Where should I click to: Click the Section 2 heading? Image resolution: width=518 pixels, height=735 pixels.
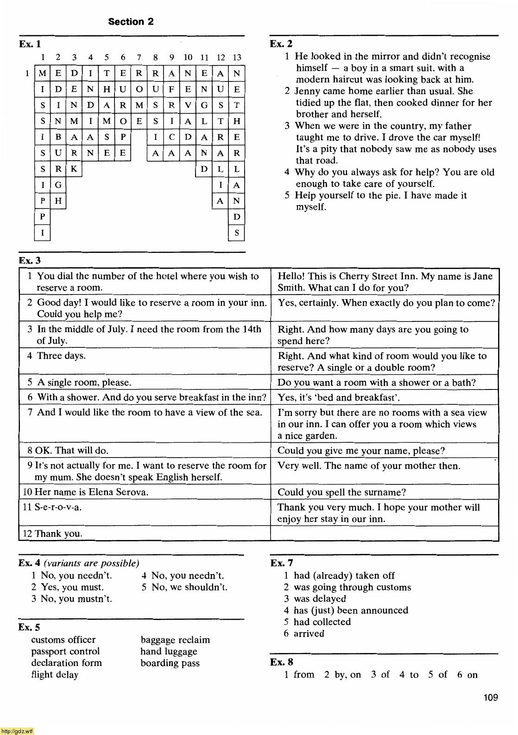coord(131,22)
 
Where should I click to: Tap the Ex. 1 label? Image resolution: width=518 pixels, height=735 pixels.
coord(30,44)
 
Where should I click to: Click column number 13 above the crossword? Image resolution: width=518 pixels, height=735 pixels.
coord(237,57)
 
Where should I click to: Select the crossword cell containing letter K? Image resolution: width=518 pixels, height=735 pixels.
coord(74,169)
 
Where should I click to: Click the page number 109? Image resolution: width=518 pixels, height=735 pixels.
coord(490,697)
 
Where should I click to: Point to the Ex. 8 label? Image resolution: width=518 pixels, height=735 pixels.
coord(281,662)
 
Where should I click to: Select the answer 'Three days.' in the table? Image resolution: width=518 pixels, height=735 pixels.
coord(61,356)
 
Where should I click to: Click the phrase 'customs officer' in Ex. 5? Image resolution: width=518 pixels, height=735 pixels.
coord(63,640)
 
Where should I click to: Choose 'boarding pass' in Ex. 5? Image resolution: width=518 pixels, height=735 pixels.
coord(170,663)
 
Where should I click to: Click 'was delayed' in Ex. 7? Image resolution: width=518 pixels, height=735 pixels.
coord(320,599)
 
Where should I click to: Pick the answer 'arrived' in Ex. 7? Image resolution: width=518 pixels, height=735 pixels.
coord(309,634)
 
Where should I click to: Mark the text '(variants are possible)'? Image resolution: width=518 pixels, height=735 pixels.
coord(91,564)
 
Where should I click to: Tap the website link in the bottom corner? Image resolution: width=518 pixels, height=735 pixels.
coord(17,731)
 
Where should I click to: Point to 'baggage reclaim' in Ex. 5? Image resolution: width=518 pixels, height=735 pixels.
coord(175,640)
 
